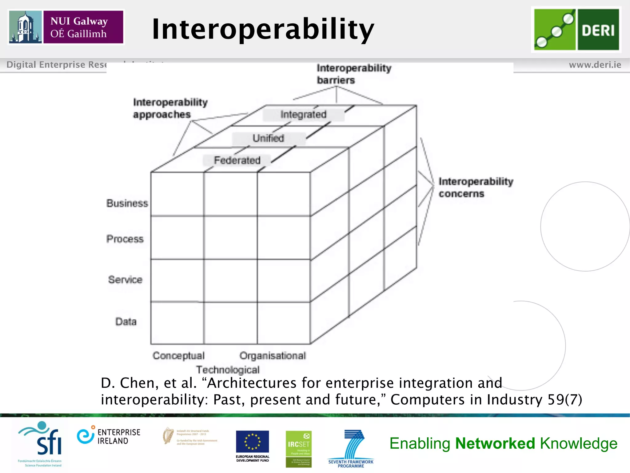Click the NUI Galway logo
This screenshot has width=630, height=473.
[x=66, y=27]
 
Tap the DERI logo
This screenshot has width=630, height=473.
[x=576, y=30]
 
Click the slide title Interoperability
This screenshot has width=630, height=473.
[x=263, y=29]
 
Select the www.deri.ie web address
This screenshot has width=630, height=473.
[x=595, y=65]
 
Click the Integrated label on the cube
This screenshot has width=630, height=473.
[x=303, y=115]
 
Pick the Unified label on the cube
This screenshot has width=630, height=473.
[x=268, y=138]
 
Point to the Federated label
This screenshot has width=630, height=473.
[x=237, y=160]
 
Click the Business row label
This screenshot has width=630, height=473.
[x=127, y=203]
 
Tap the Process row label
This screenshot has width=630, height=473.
[x=125, y=239]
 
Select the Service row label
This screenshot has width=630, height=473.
[x=125, y=280]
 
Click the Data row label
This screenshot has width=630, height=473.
[x=126, y=321]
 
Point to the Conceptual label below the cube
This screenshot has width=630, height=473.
[x=178, y=356]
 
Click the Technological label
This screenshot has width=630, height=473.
[x=228, y=370]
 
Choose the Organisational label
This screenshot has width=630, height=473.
[x=273, y=356]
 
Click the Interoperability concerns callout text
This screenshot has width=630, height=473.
[x=476, y=187]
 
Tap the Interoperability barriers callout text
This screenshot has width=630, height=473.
[x=354, y=74]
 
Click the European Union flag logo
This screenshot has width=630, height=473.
[x=252, y=442]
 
